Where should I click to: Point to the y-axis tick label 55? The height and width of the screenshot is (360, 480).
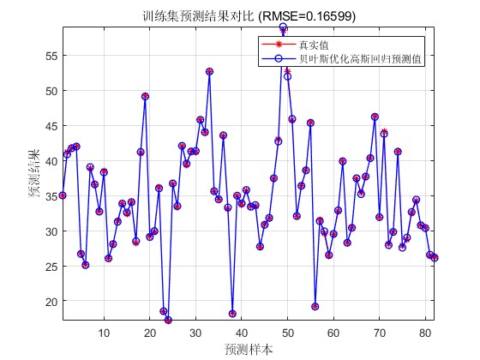pyautogui.click(x=51, y=55)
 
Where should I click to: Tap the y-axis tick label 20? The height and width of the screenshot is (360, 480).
pyautogui.click(x=51, y=301)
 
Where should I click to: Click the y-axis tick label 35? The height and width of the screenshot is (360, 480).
pyautogui.click(x=51, y=195)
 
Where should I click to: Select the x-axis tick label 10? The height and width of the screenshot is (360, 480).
pyautogui.click(x=104, y=333)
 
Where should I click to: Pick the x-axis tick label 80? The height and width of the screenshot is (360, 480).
pyautogui.click(x=425, y=333)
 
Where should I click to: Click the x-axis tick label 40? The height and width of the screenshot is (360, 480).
pyautogui.click(x=242, y=333)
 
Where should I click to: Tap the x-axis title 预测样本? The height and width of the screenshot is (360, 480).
pyautogui.click(x=249, y=348)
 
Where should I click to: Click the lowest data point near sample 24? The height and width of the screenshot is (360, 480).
pyautogui.click(x=168, y=320)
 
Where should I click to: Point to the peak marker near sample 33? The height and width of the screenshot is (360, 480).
pyautogui.click(x=209, y=71)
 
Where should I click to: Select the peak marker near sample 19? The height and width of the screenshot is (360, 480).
pyautogui.click(x=145, y=96)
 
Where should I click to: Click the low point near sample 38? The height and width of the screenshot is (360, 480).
pyautogui.click(x=232, y=314)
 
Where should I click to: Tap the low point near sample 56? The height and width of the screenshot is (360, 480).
pyautogui.click(x=315, y=306)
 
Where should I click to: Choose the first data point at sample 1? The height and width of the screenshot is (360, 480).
pyautogui.click(x=63, y=195)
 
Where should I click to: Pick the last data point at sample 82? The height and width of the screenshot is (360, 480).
pyautogui.click(x=435, y=257)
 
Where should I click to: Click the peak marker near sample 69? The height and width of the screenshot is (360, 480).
pyautogui.click(x=375, y=117)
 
